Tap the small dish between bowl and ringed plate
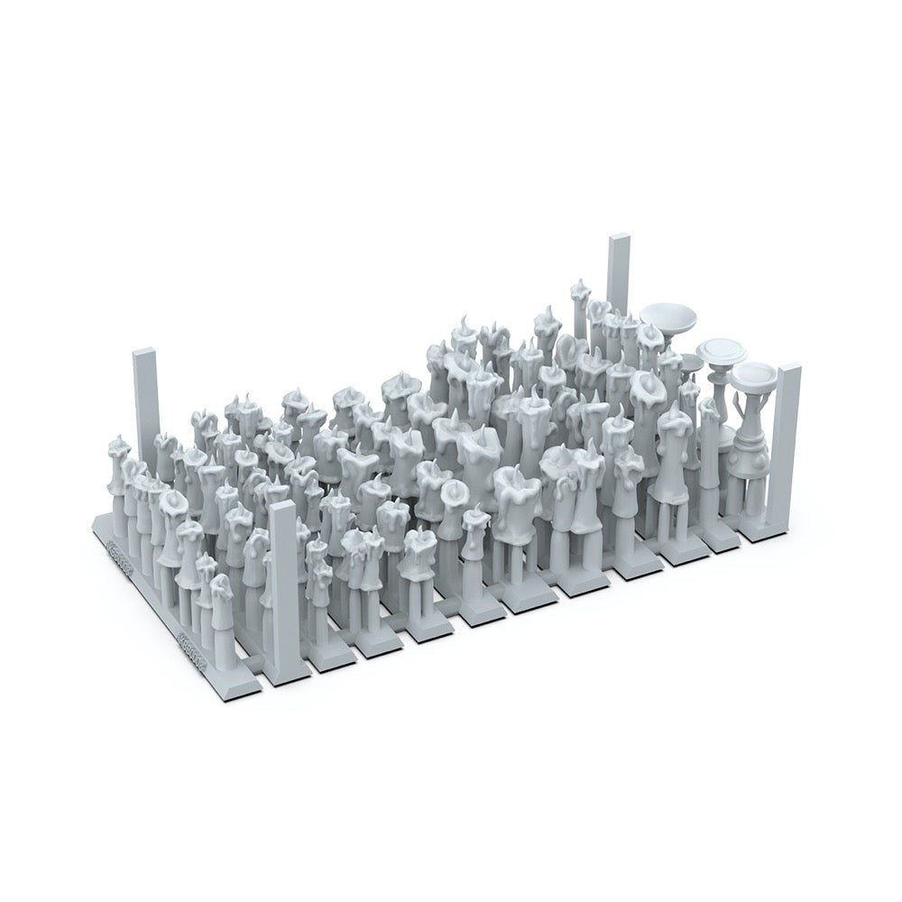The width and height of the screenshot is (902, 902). pos(692,362)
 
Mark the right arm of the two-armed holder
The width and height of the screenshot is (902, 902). pos(767,406)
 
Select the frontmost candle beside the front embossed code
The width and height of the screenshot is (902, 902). pos(222,595)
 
